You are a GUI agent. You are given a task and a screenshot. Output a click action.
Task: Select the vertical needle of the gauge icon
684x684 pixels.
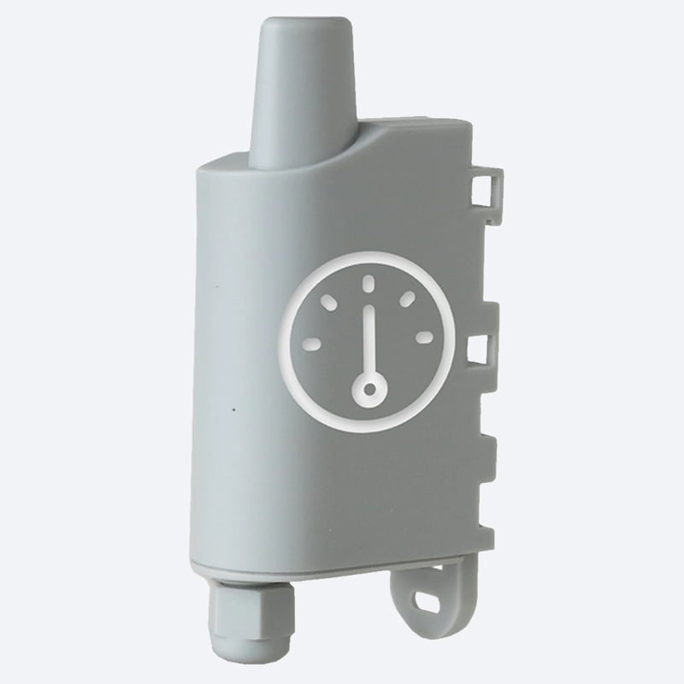[x=369, y=342]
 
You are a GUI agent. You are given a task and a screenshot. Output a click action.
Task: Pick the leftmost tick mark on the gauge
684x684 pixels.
[x=312, y=344]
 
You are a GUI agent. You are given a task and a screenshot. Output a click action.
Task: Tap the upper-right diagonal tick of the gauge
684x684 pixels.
[x=408, y=298]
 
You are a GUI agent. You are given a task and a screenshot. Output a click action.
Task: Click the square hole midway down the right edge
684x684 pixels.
[x=479, y=347]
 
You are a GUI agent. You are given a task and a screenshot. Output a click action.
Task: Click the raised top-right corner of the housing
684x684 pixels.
[x=462, y=128]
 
